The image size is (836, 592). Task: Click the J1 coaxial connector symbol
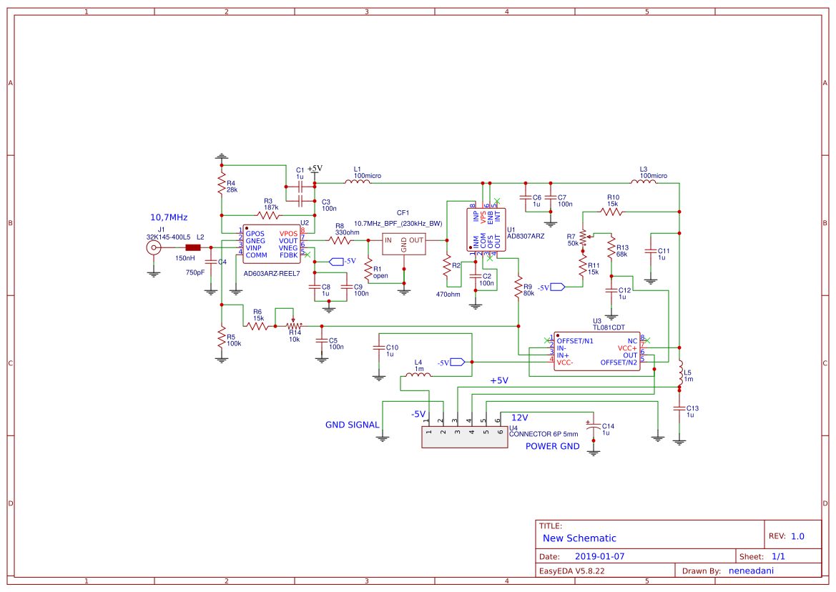coord(153,247)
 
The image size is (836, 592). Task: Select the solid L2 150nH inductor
coord(192,247)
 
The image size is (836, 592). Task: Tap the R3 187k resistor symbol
coord(268,214)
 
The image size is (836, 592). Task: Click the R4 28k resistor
coord(222,185)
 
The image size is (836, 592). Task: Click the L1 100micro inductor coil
coord(358,182)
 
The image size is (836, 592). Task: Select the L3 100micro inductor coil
coord(643,182)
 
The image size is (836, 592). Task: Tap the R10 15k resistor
coord(612,212)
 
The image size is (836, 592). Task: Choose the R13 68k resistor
coord(611,249)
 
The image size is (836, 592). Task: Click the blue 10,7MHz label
coord(168,217)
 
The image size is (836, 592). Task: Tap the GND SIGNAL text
coord(353,425)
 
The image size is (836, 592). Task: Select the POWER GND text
coord(553,447)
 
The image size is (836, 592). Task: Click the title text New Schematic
coord(579,538)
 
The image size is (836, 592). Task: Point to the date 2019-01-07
coord(599,556)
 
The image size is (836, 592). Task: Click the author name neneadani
coord(751,571)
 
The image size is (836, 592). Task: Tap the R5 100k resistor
coord(222,339)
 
